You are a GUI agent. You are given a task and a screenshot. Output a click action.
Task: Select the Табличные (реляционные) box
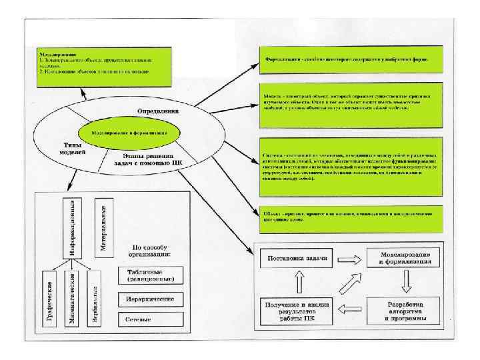(x=147, y=275)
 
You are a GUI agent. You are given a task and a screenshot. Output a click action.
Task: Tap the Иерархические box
(x=147, y=298)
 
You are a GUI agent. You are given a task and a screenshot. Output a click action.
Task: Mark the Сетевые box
(x=147, y=319)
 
